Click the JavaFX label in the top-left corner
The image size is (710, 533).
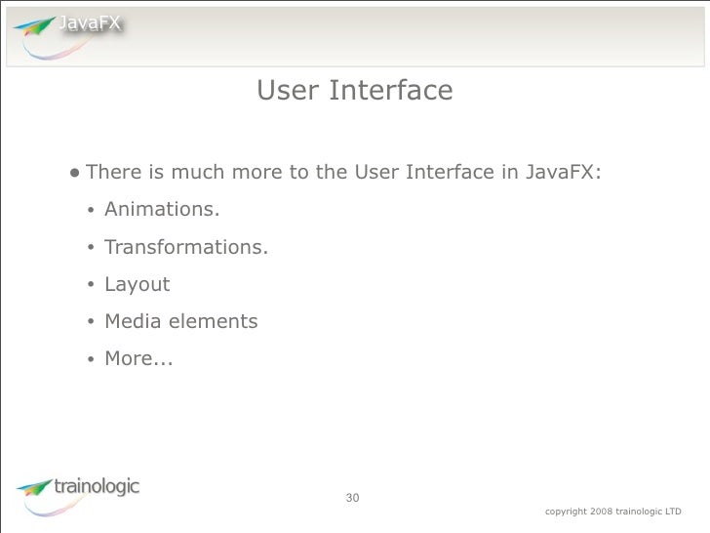(x=89, y=24)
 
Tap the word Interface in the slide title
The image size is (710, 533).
(x=391, y=91)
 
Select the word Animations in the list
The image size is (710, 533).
(x=162, y=210)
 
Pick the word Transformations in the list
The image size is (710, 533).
(x=185, y=247)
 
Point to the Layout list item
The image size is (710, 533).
(x=137, y=284)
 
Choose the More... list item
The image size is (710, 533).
(x=138, y=358)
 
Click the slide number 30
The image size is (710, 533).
(x=353, y=499)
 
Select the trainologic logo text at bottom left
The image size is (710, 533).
(x=98, y=485)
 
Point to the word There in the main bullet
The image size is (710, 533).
(x=114, y=173)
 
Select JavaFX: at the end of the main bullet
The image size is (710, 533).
(x=564, y=173)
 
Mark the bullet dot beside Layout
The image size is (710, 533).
(x=89, y=285)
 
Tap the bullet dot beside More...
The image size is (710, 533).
(x=89, y=359)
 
